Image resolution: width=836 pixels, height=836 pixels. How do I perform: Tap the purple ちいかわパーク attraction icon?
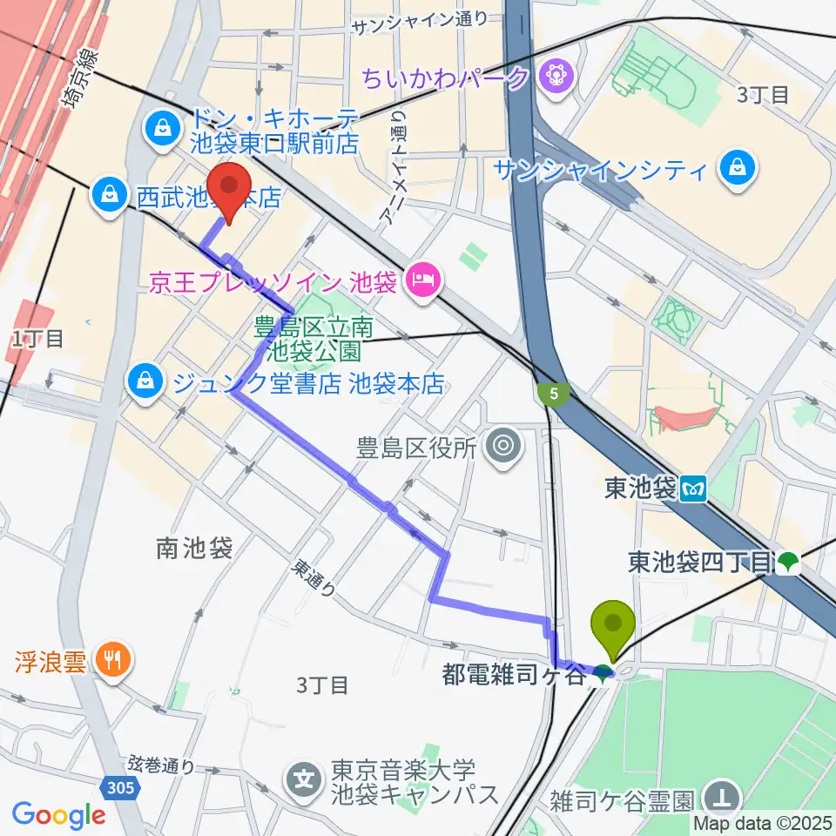[x=554, y=78]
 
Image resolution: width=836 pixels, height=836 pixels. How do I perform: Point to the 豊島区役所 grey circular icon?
[x=502, y=448]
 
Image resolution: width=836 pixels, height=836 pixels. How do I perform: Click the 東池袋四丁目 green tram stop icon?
[x=789, y=563]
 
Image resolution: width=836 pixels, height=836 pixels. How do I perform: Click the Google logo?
[x=59, y=814]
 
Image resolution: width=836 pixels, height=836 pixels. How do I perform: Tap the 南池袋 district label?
[x=194, y=549]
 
